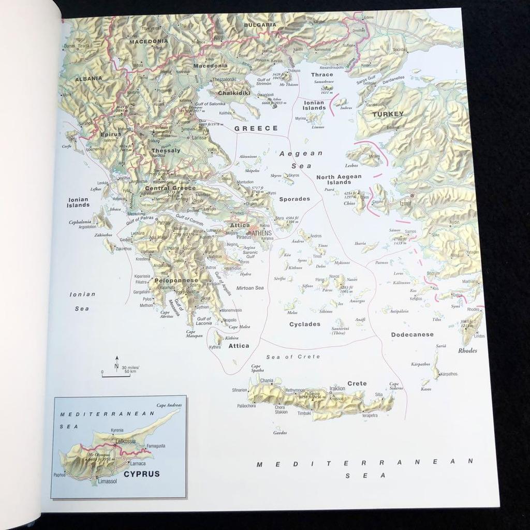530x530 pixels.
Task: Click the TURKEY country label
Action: [388, 114]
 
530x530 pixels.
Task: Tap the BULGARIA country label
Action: [261, 24]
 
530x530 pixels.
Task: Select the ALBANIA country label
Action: [89, 79]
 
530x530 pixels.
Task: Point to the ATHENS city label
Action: [262, 232]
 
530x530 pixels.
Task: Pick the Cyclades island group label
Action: [304, 325]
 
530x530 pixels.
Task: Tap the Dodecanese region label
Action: [412, 334]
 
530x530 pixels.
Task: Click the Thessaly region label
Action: [166, 151]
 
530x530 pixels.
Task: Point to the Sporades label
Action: [295, 199]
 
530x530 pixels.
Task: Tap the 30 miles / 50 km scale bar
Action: [116, 375]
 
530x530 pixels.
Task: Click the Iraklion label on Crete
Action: [337, 388]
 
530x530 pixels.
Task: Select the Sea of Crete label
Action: [293, 357]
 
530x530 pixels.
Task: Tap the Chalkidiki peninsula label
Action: [234, 93]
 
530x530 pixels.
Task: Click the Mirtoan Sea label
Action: [250, 288]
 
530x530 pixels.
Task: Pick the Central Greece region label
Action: [170, 188]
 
